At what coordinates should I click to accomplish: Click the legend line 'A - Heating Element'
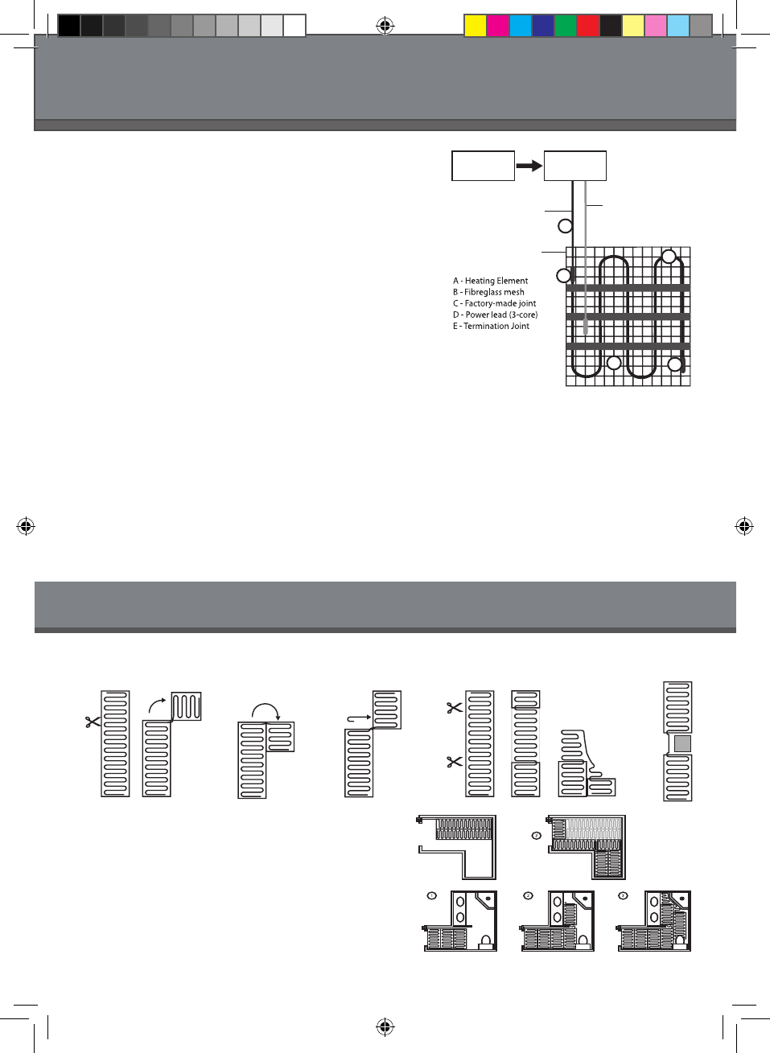tap(490, 281)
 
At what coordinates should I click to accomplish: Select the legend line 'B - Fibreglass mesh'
tap(488, 292)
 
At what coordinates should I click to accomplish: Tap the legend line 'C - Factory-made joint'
tap(494, 303)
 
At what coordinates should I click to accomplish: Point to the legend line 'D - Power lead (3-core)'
tap(495, 315)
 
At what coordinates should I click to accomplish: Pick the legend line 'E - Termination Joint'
tap(491, 326)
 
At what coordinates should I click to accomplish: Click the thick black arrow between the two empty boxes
tap(529, 166)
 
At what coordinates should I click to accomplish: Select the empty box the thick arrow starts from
tap(483, 166)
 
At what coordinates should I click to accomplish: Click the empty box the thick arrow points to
tap(574, 166)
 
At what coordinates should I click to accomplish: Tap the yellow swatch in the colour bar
tap(476, 26)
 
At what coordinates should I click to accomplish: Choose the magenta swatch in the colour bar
tap(498, 26)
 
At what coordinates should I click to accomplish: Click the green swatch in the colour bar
tap(566, 26)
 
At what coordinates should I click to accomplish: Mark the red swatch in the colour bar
tap(588, 26)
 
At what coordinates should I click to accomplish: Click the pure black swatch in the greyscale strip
tap(69, 26)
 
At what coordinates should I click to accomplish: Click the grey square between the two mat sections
tap(682, 743)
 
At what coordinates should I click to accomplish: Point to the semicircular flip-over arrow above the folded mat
tap(266, 710)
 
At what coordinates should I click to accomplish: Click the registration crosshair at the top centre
tap(385, 27)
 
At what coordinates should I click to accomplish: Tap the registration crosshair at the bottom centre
tap(385, 1026)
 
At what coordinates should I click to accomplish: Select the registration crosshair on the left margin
tap(26, 527)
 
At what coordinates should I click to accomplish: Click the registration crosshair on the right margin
tap(744, 527)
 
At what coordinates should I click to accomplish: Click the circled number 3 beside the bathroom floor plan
tap(623, 895)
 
